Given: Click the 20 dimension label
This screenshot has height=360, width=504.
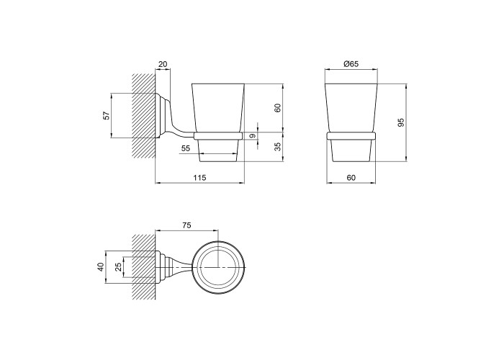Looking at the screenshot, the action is [163, 64].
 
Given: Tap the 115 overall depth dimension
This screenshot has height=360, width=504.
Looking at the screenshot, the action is [199, 177].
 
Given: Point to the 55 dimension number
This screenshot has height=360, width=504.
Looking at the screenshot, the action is [186, 148].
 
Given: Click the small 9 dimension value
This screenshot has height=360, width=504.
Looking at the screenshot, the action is [253, 136].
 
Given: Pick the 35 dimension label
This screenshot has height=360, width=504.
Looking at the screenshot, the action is [278, 147].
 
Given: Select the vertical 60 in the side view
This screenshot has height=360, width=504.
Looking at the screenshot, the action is [278, 108].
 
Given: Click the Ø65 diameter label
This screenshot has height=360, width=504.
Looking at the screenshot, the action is [351, 64].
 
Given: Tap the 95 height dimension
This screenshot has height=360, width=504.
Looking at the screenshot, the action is [401, 122].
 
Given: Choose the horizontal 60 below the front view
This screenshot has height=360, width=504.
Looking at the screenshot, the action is [351, 177].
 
